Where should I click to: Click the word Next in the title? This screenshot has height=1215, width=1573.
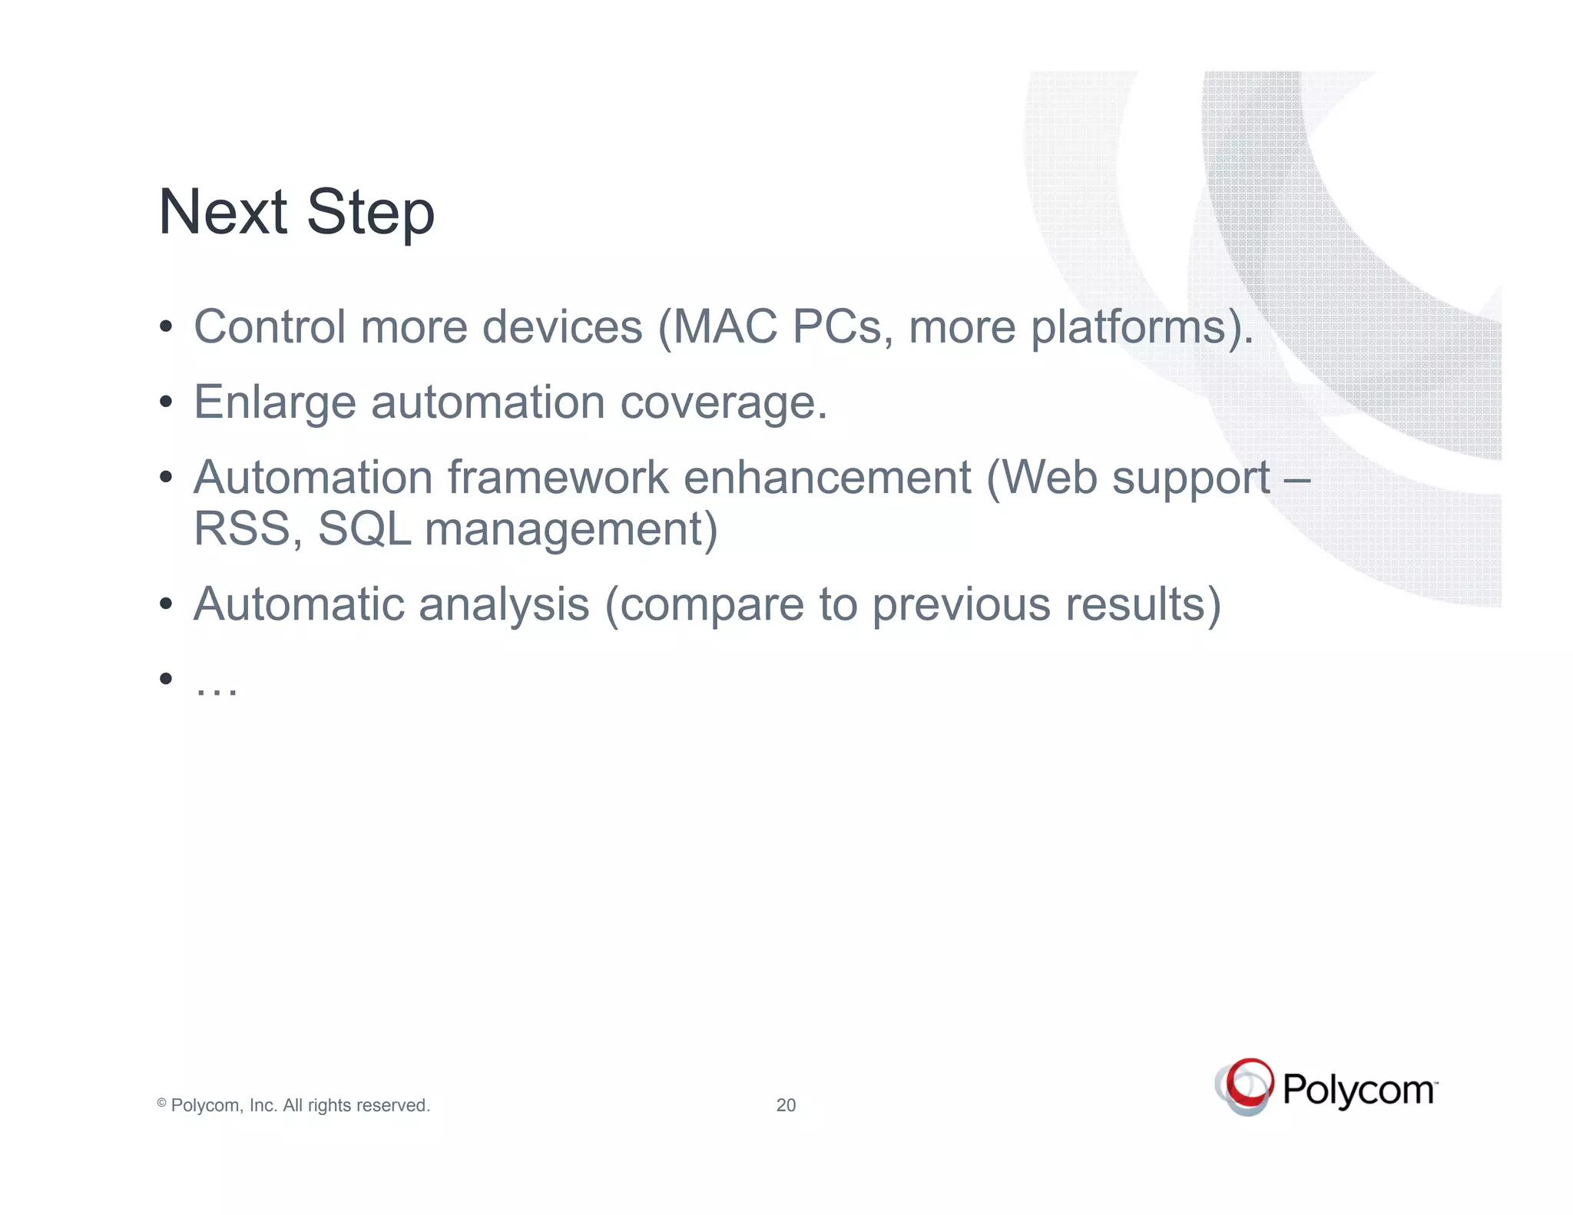(x=223, y=212)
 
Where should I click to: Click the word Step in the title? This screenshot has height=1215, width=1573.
(x=371, y=214)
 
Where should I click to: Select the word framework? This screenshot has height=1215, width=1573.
(x=558, y=478)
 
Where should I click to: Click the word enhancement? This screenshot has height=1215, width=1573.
(x=827, y=478)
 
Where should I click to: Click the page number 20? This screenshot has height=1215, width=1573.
(x=786, y=1105)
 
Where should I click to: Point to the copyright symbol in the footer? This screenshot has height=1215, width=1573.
(x=162, y=1103)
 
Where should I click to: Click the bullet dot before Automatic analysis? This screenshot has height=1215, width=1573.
(x=166, y=604)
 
